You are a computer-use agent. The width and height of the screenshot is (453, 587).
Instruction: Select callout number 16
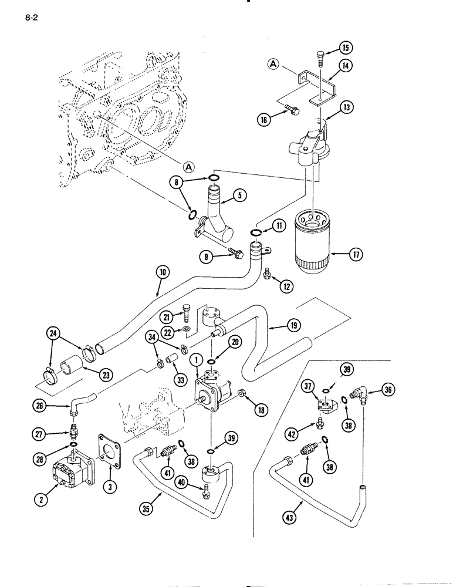[x=264, y=119]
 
